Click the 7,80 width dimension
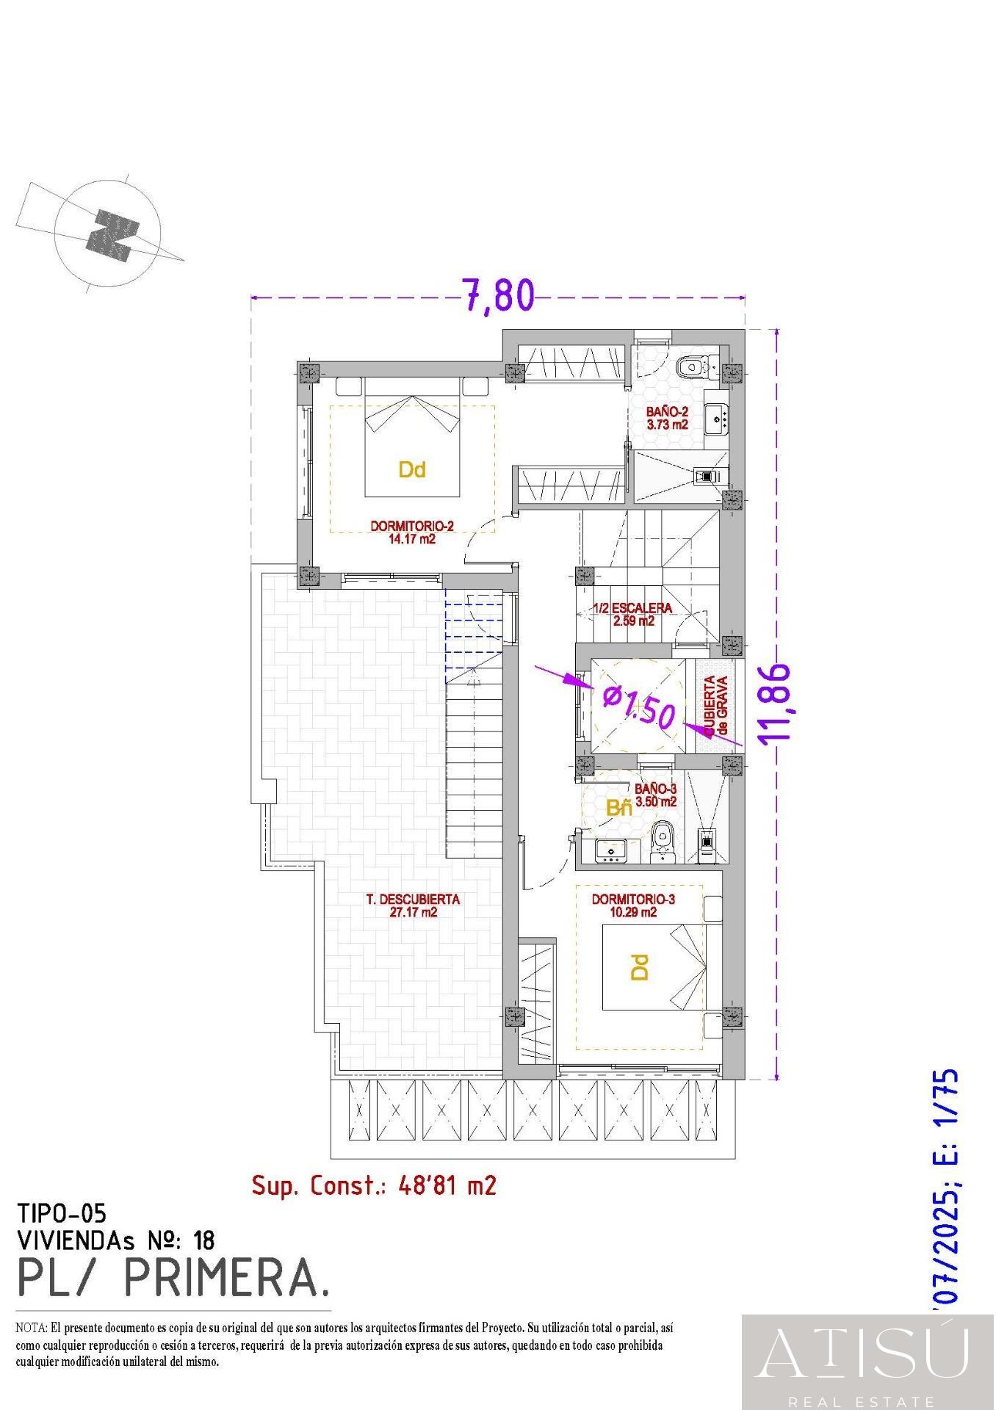pos(497,295)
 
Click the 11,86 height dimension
pos(776,704)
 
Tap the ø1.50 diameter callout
pos(638,706)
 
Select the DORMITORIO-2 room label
pos(412,532)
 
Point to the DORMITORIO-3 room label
pos(632,905)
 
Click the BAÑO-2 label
pos(667,418)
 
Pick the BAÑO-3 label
pos(655,795)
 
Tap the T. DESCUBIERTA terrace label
pos(413,905)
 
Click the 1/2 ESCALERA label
pos(633,614)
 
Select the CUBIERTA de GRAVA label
pos(716,706)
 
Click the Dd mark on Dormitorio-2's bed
pos(412,469)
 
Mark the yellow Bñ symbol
pos(618,809)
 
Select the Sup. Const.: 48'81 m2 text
pos(373,1185)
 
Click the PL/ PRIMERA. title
pos(173,1279)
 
